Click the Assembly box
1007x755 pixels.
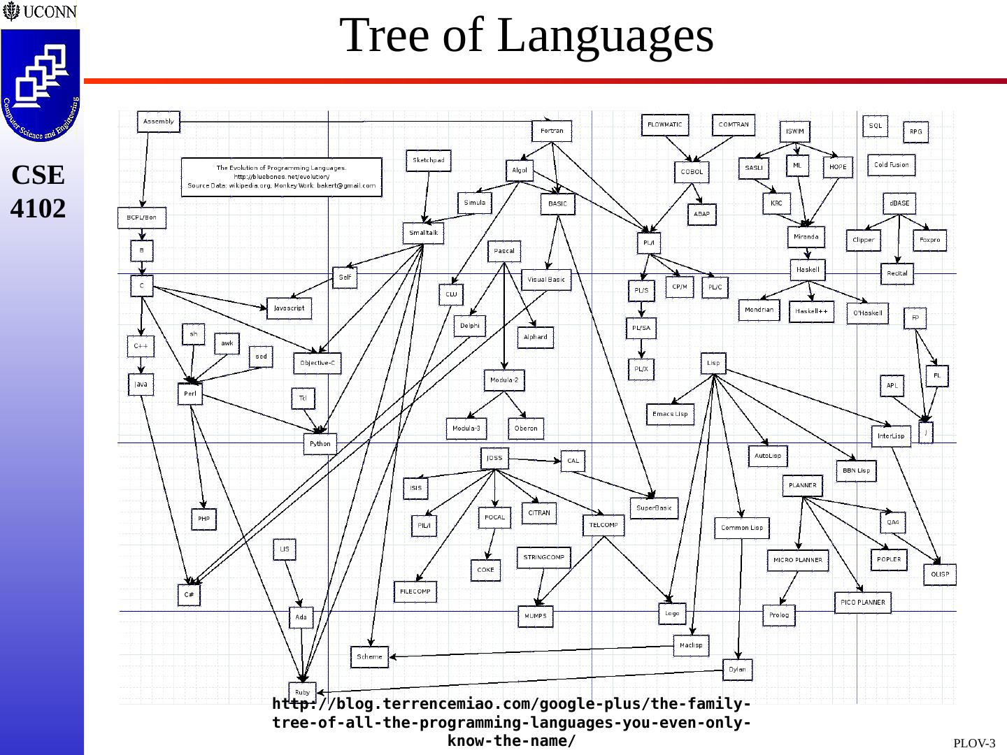(x=158, y=122)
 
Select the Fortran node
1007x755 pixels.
(x=552, y=131)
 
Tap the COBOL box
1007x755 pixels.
(x=692, y=171)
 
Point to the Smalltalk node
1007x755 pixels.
(x=423, y=233)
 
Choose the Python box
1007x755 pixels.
(x=320, y=444)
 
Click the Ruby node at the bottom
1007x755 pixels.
(x=302, y=692)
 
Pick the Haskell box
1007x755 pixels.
(x=808, y=270)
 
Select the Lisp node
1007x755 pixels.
(x=713, y=363)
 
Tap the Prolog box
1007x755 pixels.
(x=779, y=615)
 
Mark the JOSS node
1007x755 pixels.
(x=494, y=459)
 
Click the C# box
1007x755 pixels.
(x=189, y=594)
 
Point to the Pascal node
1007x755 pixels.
(x=503, y=251)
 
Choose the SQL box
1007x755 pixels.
(x=876, y=126)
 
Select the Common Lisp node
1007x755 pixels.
(x=742, y=528)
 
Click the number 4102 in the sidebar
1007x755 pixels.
(x=38, y=208)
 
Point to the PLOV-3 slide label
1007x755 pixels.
(x=974, y=743)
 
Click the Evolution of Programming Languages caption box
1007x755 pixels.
(x=281, y=177)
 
